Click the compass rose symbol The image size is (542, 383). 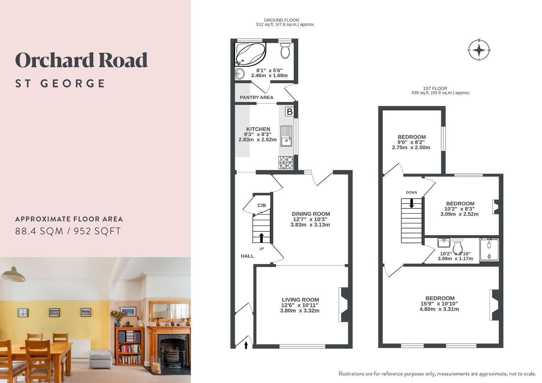coord(479,50)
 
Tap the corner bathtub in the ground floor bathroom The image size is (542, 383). coord(250,54)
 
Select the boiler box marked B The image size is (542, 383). coord(289,112)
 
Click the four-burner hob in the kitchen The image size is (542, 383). coord(286,162)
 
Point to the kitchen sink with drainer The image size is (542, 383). coord(286,136)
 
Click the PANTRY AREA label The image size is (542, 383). coord(256,98)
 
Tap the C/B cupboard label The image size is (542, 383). coord(261,205)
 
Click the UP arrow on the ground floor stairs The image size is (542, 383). coord(261,238)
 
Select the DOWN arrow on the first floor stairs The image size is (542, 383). coord(411,203)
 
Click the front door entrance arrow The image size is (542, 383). coord(246,345)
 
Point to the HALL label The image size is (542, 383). coord(247,256)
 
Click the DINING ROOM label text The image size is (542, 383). coord(311,214)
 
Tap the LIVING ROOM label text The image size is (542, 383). coord(300,300)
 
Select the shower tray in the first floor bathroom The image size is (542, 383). coord(489,250)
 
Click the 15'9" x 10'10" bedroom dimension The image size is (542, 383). coord(439,304)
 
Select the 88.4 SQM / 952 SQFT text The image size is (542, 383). coord(68,231)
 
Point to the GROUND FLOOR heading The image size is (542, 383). coord(281,20)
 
